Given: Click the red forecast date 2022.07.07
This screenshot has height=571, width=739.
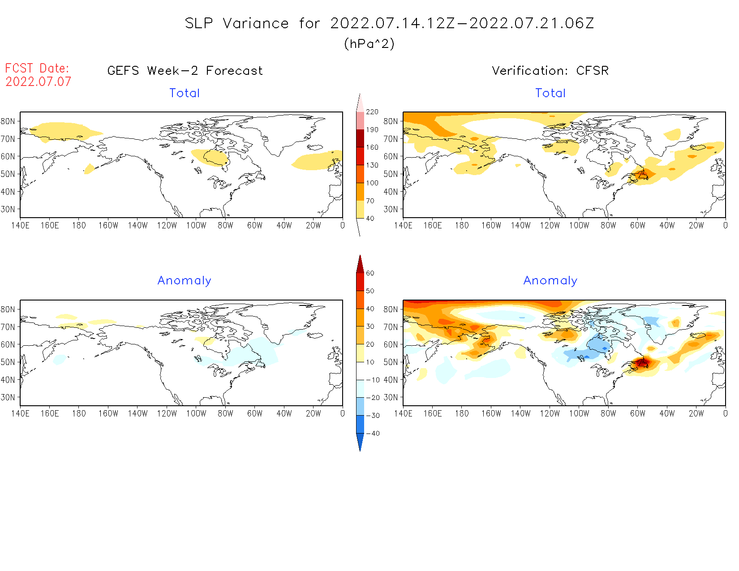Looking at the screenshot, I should click(39, 82).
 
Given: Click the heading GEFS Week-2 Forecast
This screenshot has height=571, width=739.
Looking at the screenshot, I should click(185, 71).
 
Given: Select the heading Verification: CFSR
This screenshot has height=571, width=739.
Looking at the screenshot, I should click(550, 71).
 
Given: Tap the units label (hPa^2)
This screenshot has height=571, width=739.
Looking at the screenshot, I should click(369, 43).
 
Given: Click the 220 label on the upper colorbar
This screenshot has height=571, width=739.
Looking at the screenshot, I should click(372, 112).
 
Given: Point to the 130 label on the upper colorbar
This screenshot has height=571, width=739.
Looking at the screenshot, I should click(372, 165).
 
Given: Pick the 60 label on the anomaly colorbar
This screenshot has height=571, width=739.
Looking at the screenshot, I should click(370, 273).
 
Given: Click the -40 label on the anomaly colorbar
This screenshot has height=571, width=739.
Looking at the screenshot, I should click(373, 433).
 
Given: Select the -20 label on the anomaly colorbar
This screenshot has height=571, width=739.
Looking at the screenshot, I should click(373, 397).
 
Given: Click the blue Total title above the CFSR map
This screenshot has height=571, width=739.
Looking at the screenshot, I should click(550, 93).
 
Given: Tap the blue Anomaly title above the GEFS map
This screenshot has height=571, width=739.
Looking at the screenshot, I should click(184, 280).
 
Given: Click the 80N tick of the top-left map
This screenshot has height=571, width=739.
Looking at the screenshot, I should click(8, 121).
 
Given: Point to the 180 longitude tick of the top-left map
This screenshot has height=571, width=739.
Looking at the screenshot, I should click(79, 225).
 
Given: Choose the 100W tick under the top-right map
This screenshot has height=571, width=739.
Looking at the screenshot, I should click(579, 225).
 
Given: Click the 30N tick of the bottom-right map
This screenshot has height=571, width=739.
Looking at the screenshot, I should click(391, 397).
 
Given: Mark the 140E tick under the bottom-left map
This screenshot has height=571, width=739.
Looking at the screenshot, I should click(20, 413).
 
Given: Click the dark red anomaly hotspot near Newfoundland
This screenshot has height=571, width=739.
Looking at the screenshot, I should click(642, 362).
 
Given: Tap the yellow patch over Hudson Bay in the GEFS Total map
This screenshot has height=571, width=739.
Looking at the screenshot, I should click(211, 157).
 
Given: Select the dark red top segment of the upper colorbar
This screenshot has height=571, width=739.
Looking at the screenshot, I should click(360, 138).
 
